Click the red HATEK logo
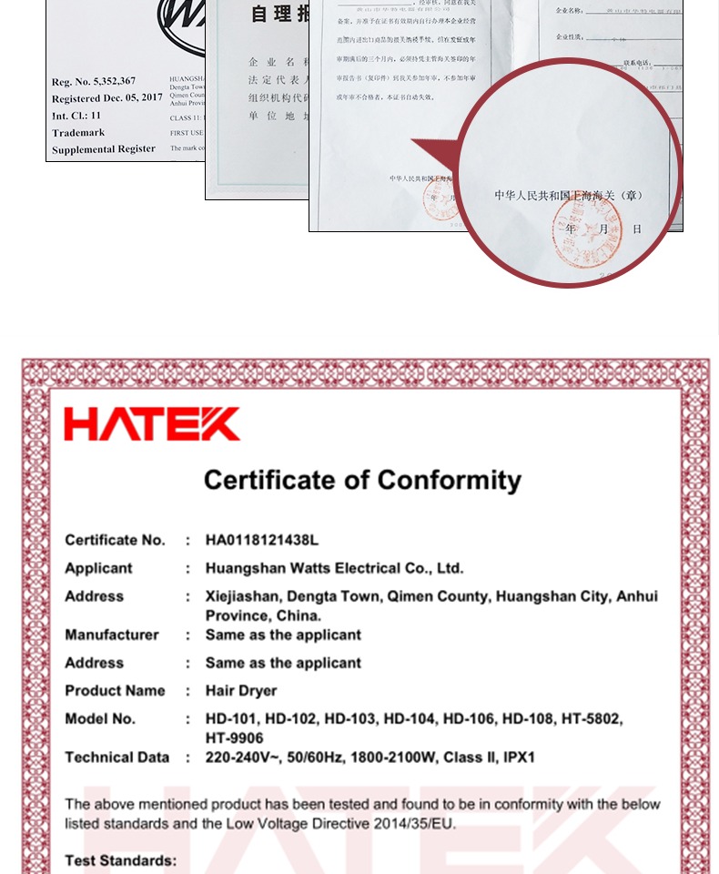point(152,424)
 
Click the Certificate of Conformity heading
point(362,480)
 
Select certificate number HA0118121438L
point(262,540)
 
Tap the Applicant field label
point(98,568)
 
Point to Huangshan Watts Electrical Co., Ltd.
point(334,568)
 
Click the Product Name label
point(115,690)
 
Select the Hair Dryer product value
point(241,690)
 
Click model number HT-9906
point(233,737)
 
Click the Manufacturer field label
point(111,635)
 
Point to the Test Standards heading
point(120,860)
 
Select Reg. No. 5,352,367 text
point(94,82)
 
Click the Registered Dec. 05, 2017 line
point(106,98)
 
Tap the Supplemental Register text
point(104,148)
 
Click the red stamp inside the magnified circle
point(587,232)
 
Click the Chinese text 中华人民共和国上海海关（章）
point(569,195)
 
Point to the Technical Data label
point(116,757)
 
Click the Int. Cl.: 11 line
point(76,116)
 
